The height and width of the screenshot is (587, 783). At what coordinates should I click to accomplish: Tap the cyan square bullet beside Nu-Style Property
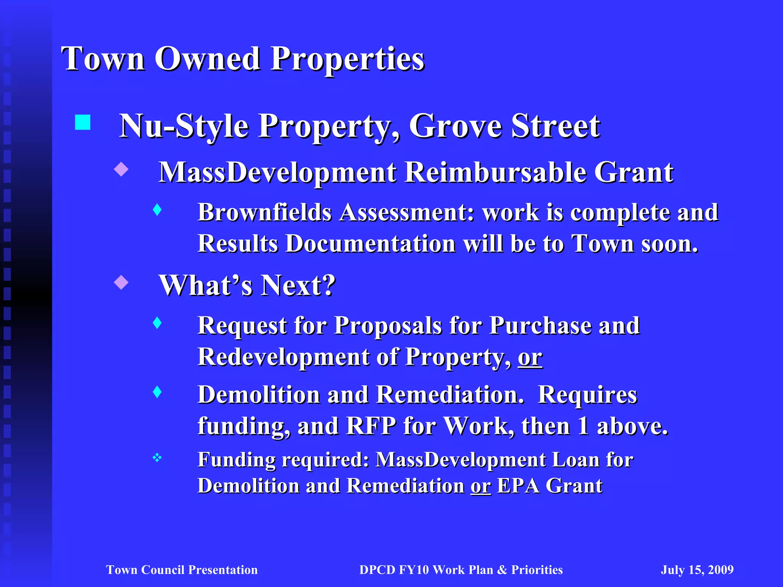83,123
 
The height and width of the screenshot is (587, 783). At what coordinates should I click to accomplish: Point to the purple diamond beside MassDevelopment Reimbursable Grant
121,169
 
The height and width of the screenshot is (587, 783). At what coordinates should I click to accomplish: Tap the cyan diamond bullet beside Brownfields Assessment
157,209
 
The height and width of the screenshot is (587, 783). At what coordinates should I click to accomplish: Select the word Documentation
370,244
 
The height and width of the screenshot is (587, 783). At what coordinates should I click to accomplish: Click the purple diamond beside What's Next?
121,282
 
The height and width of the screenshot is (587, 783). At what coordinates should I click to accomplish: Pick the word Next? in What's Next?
299,285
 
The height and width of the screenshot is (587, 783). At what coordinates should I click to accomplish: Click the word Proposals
388,326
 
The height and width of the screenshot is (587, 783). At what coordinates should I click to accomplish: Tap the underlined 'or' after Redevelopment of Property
530,357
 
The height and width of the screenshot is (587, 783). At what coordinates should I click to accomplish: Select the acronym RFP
371,426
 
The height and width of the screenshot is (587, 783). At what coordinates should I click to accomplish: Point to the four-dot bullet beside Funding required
157,457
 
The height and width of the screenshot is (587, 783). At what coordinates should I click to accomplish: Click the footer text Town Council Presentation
182,570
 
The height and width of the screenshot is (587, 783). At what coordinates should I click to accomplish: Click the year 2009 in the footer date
721,570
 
